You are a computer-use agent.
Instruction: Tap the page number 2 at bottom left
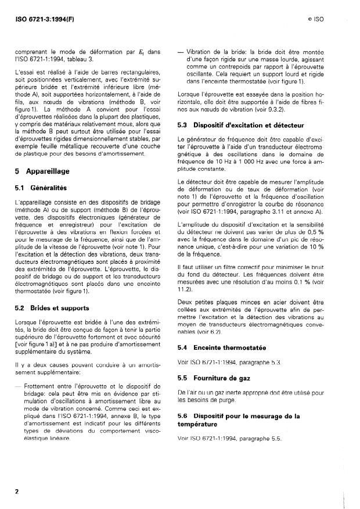(x=17, y=491)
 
